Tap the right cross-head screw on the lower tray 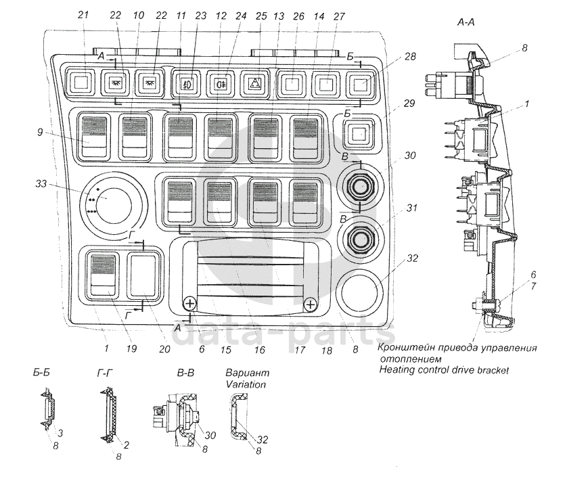(x=311, y=304)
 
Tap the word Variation (x=246, y=384)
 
